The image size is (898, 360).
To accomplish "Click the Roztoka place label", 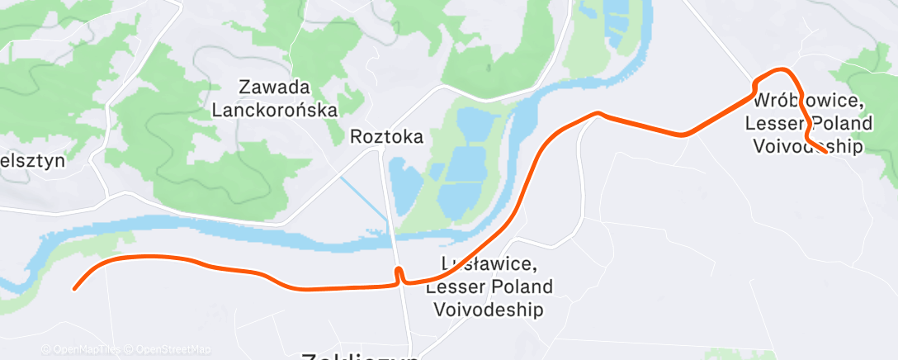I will coord(386,136).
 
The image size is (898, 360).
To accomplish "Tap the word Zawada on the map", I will coord(275,87).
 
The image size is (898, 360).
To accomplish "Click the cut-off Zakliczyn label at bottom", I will coord(361,355).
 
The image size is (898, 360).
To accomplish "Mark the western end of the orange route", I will coord(75,288).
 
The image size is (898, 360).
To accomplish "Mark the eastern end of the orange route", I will coord(825,152).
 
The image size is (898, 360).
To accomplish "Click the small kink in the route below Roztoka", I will coord(398,272).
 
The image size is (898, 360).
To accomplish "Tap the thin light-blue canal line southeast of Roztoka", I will coord(363,199).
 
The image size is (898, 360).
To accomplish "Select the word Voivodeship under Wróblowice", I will coord(808,146).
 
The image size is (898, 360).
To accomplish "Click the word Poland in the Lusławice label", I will coord(522,287).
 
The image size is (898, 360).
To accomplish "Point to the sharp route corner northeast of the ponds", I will coord(598,113).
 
